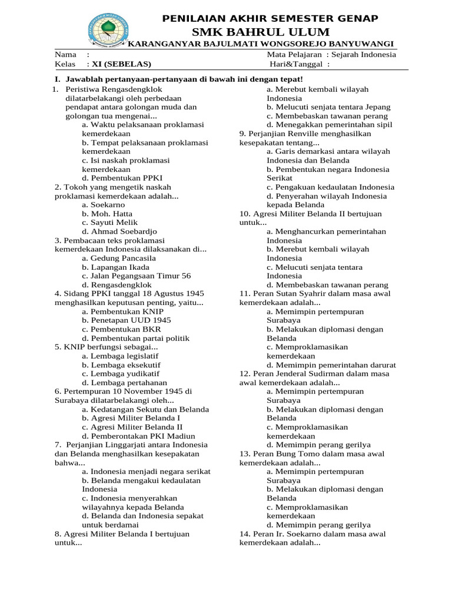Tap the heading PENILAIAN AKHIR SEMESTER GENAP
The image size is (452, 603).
270,19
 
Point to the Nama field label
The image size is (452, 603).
66,54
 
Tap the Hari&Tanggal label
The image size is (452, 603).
297,64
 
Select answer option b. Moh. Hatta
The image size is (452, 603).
107,213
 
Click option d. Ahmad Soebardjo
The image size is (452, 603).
119,231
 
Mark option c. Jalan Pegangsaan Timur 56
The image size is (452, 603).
137,276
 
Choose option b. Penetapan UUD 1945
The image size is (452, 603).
127,320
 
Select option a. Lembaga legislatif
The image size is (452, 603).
120,356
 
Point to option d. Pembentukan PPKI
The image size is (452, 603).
122,177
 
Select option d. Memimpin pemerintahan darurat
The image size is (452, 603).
331,365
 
